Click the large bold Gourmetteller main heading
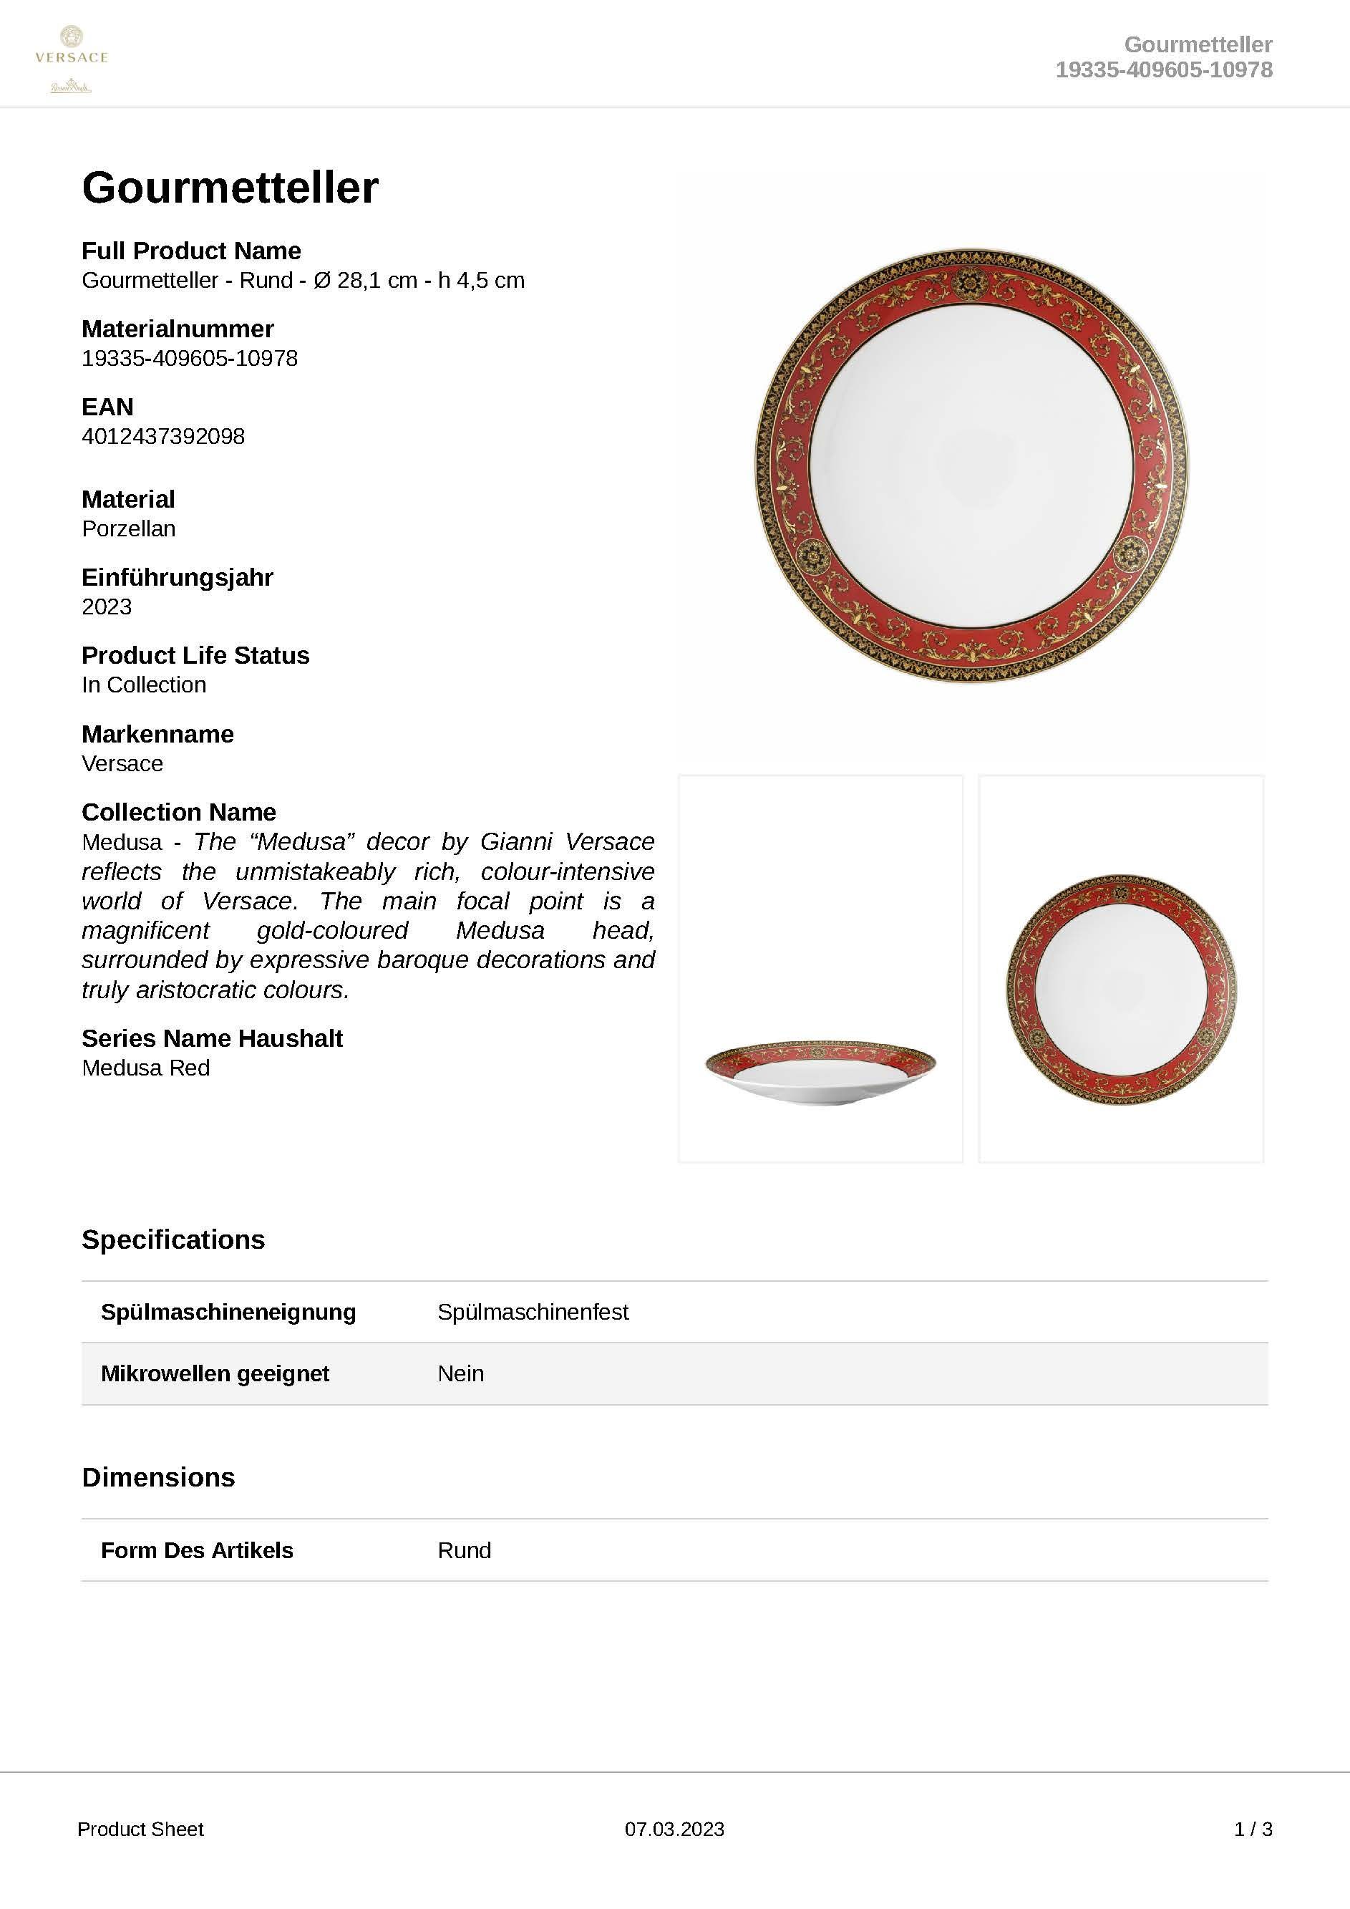[x=230, y=188]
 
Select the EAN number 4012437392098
[x=163, y=437]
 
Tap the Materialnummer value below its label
[x=190, y=358]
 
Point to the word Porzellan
[x=129, y=528]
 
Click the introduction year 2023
[x=107, y=607]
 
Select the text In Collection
[x=144, y=685]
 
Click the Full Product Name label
[x=191, y=251]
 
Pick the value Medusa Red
[x=145, y=1068]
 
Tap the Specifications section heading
[x=173, y=1239]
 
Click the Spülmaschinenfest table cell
[x=533, y=1312]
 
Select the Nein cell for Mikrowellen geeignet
[x=460, y=1373]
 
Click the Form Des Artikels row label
[x=197, y=1551]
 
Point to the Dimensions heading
[x=158, y=1477]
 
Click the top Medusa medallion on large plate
[x=968, y=285]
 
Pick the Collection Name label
[x=179, y=812]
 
